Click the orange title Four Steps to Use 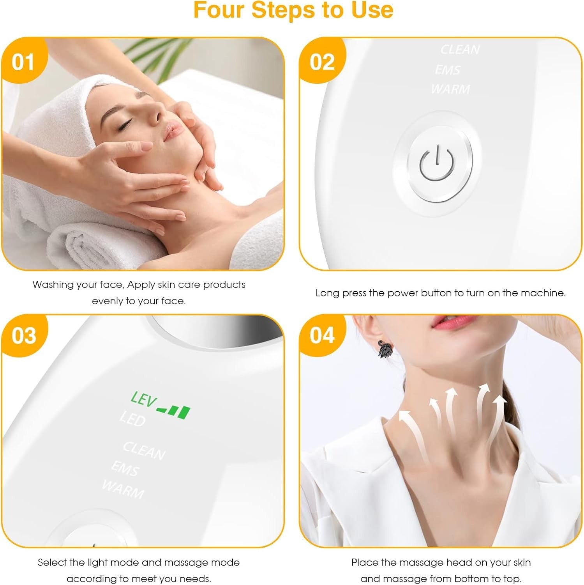[x=293, y=10]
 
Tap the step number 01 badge [x=23, y=62]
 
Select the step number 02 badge [x=322, y=62]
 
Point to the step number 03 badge [x=23, y=335]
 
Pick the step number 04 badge [x=322, y=335]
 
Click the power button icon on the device [x=437, y=163]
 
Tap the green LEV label [x=143, y=400]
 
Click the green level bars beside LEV [x=174, y=411]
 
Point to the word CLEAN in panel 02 [x=460, y=50]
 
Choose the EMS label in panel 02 [x=448, y=70]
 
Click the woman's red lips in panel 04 [x=446, y=322]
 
